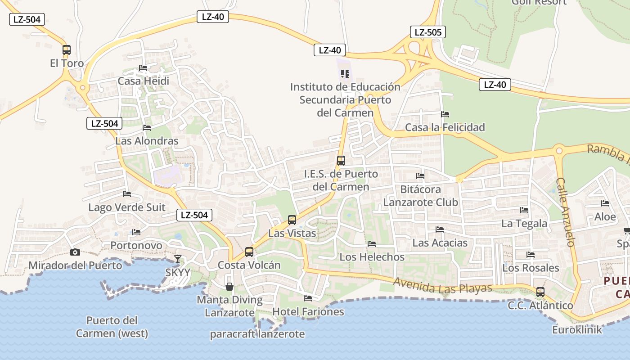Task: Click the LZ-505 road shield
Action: click(x=427, y=32)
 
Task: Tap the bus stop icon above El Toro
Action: click(x=67, y=50)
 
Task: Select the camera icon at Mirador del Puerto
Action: click(x=75, y=252)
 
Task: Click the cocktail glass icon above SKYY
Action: click(x=178, y=259)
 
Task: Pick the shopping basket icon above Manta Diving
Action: click(x=229, y=287)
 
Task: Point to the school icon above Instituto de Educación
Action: click(x=345, y=73)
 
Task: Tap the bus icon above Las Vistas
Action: click(x=292, y=220)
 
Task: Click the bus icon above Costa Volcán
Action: click(x=249, y=252)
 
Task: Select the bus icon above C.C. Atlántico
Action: click(x=540, y=292)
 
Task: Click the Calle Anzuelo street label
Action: click(x=565, y=212)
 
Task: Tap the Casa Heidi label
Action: click(x=143, y=81)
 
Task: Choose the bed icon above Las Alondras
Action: click(x=147, y=128)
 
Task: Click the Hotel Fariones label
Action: click(x=308, y=311)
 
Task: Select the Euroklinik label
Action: click(x=577, y=330)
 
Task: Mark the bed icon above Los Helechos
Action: click(x=372, y=244)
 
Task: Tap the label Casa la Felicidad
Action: click(x=445, y=127)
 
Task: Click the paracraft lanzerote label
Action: click(x=257, y=334)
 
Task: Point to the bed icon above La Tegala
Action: click(x=524, y=210)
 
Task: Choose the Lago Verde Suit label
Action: click(x=127, y=207)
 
